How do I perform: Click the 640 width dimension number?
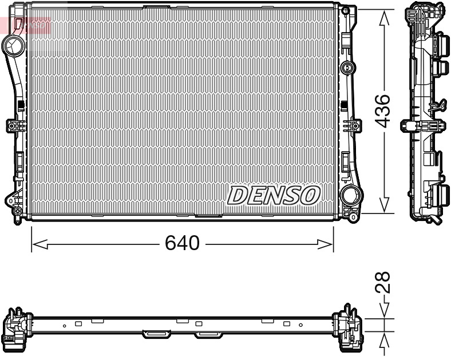[182, 244]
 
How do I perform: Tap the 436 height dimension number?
[383, 110]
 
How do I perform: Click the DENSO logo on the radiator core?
[273, 195]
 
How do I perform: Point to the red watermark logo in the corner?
[26, 25]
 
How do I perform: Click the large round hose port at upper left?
[12, 43]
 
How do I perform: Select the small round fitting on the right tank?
[346, 68]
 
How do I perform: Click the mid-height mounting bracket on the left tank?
[13, 125]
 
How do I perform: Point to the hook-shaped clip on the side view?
[439, 105]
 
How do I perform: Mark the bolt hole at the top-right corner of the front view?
[345, 10]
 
